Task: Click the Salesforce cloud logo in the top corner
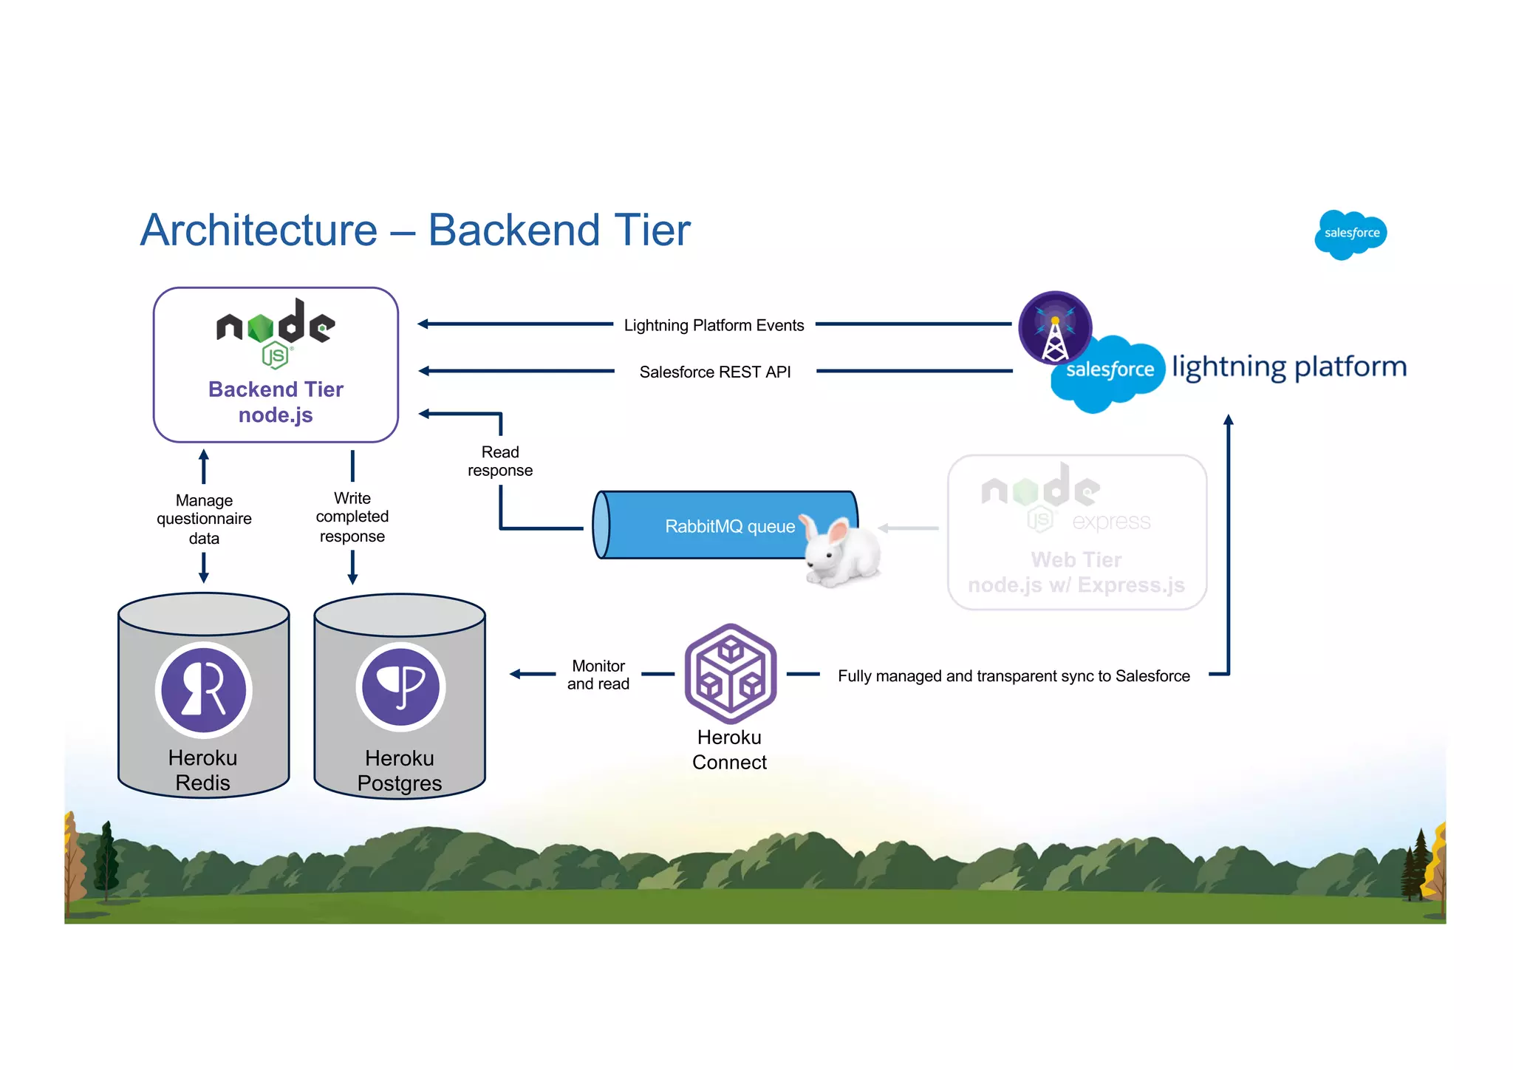pyautogui.click(x=1350, y=234)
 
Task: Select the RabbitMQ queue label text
pyautogui.click(x=729, y=526)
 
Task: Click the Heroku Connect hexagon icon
pyautogui.click(x=730, y=673)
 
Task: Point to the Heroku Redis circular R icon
pyautogui.click(x=204, y=689)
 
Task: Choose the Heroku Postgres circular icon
pyautogui.click(x=400, y=687)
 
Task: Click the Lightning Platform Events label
pyautogui.click(x=714, y=325)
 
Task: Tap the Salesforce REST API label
pyautogui.click(x=714, y=372)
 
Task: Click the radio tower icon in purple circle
pyautogui.click(x=1055, y=328)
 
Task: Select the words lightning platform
pyautogui.click(x=1288, y=367)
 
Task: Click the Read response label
pyautogui.click(x=500, y=461)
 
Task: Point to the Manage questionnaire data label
pyautogui.click(x=204, y=519)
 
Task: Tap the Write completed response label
pyautogui.click(x=352, y=517)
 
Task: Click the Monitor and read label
pyautogui.click(x=598, y=675)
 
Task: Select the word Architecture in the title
pyautogui.click(x=259, y=230)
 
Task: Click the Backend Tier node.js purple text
pyautogui.click(x=276, y=401)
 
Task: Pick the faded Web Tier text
pyautogui.click(x=1076, y=559)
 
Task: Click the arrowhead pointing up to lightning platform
pyautogui.click(x=1229, y=420)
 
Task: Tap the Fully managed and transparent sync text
pyautogui.click(x=1014, y=676)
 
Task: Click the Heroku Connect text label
pyautogui.click(x=729, y=749)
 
